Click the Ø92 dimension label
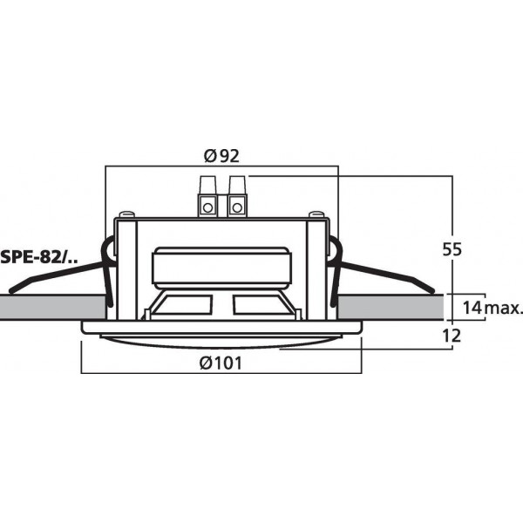pyautogui.click(x=221, y=156)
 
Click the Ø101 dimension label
pyautogui.click(x=221, y=363)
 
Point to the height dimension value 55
pyautogui.click(x=451, y=248)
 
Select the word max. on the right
pyautogui.click(x=506, y=308)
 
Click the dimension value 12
pyautogui.click(x=451, y=336)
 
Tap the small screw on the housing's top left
pyautogui.click(x=129, y=214)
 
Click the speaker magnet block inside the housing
pyautogui.click(x=221, y=266)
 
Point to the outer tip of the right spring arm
pyautogui.click(x=431, y=289)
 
